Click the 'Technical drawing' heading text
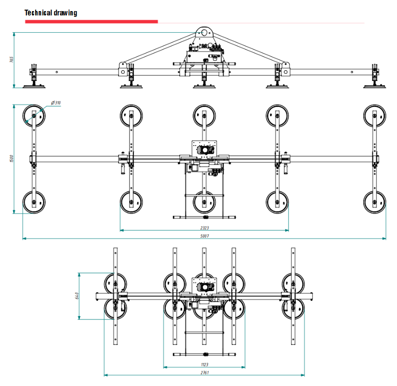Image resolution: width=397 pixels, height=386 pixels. [x=51, y=13]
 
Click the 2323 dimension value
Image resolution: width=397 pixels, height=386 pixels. [x=204, y=227]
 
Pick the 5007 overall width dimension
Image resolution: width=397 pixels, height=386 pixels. [x=204, y=236]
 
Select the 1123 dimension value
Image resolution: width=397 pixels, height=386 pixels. [x=204, y=365]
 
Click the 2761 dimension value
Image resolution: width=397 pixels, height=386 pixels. [x=204, y=373]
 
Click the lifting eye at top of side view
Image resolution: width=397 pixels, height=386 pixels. [x=204, y=33]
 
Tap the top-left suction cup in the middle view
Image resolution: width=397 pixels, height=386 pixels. [x=34, y=116]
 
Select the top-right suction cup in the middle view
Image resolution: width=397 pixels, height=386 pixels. [x=375, y=116]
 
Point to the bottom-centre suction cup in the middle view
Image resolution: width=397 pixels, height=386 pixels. [x=204, y=202]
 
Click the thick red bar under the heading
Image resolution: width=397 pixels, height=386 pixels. [x=91, y=21]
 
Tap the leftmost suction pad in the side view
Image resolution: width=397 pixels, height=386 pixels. [x=34, y=85]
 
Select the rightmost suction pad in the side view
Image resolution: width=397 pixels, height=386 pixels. [x=374, y=85]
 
